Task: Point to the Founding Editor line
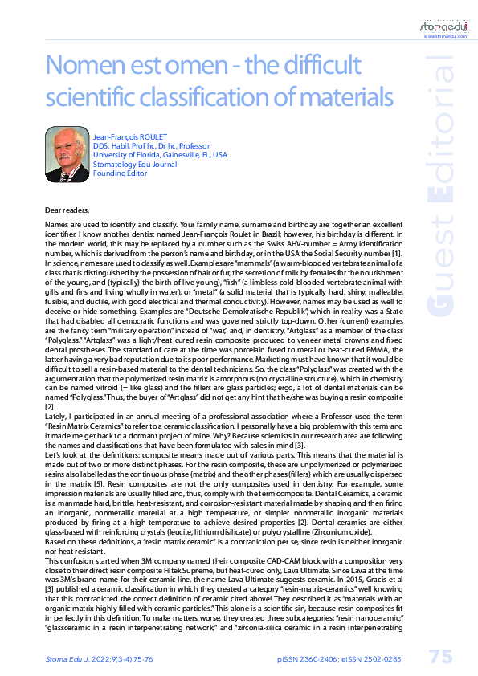click(121, 173)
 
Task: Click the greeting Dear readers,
click(67, 210)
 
